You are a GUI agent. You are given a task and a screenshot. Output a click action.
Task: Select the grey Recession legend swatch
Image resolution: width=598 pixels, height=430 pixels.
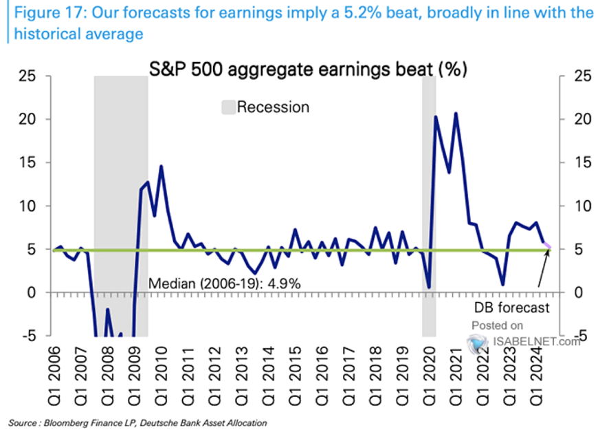click(x=228, y=107)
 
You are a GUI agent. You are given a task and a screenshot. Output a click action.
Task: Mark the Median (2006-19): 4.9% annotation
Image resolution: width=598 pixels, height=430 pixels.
click(x=224, y=283)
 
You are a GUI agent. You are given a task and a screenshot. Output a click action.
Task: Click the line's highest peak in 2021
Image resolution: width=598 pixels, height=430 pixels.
click(x=455, y=114)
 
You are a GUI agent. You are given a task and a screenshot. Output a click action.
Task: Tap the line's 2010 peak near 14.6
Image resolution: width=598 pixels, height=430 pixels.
click(x=161, y=166)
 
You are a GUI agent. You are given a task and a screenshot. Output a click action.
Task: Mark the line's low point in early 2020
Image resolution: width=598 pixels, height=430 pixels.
click(x=428, y=287)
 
